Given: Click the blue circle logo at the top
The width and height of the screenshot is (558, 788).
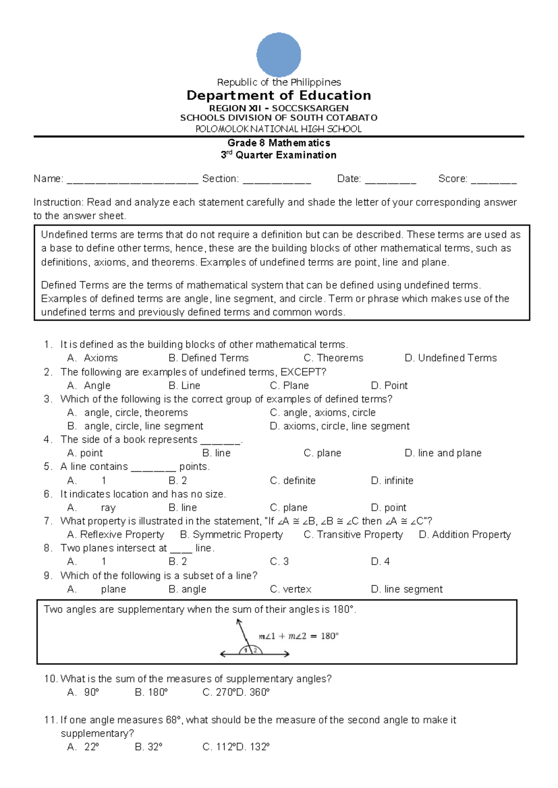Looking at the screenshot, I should coord(279,55).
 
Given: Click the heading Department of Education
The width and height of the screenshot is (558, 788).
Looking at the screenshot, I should coord(279,96).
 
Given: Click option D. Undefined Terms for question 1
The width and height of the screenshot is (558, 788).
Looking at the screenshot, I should coord(451,358).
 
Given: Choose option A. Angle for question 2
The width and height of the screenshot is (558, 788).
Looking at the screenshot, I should coord(89,385).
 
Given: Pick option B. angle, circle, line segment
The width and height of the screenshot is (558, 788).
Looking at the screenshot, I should coord(135,426).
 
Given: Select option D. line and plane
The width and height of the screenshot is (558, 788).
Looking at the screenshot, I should coord(443,453).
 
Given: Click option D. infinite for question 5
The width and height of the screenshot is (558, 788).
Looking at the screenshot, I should coord(392,480).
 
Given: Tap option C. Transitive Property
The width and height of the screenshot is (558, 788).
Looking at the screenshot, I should coord(353,535).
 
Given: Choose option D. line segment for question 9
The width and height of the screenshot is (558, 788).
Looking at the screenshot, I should coord(406,589).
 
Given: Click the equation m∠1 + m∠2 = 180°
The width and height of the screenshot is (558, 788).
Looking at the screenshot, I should coord(299,636).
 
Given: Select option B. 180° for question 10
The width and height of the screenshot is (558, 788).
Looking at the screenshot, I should coord(151,692).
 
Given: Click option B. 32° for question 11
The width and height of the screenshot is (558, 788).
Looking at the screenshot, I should coord(148,747).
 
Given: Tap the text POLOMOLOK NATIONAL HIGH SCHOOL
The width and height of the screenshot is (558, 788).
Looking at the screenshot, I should coord(279,129).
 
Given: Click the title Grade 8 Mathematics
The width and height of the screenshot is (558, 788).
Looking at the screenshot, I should coord(279,143).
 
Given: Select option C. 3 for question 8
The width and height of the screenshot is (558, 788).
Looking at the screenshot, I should coord(279,562).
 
